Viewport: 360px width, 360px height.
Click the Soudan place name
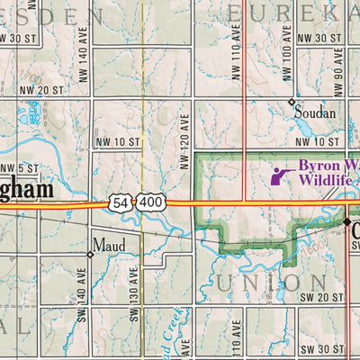pyautogui.click(x=315, y=114)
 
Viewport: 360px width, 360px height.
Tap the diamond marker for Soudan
pyautogui.click(x=292, y=101)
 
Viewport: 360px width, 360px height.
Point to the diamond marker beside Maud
pyautogui.click(x=90, y=255)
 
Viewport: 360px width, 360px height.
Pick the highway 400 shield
pyautogui.click(x=151, y=203)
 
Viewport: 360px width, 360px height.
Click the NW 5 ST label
pyautogui.click(x=20, y=168)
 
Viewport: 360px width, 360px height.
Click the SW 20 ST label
pyautogui.click(x=322, y=296)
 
